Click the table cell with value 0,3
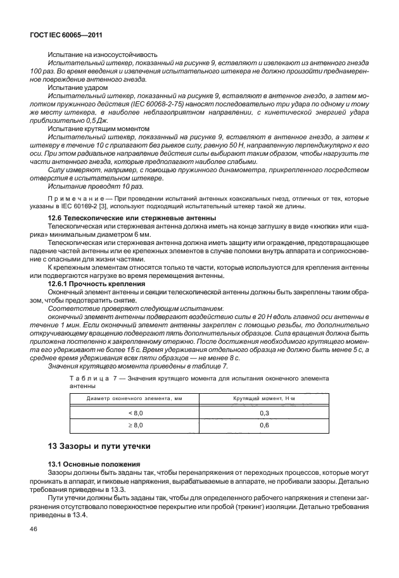pyautogui.click(x=265, y=412)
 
